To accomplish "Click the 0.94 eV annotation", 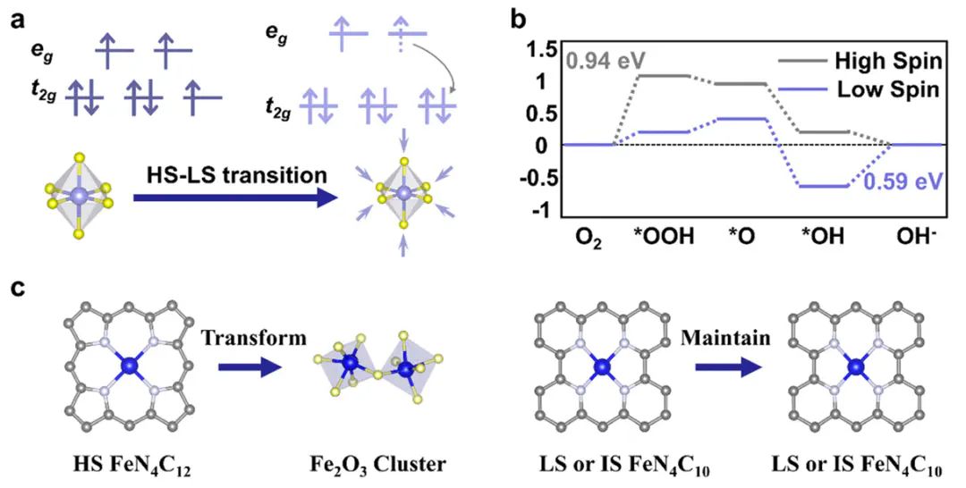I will (x=605, y=61).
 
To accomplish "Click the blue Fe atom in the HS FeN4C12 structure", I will (x=131, y=366).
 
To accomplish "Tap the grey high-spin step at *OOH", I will (x=662, y=75).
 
